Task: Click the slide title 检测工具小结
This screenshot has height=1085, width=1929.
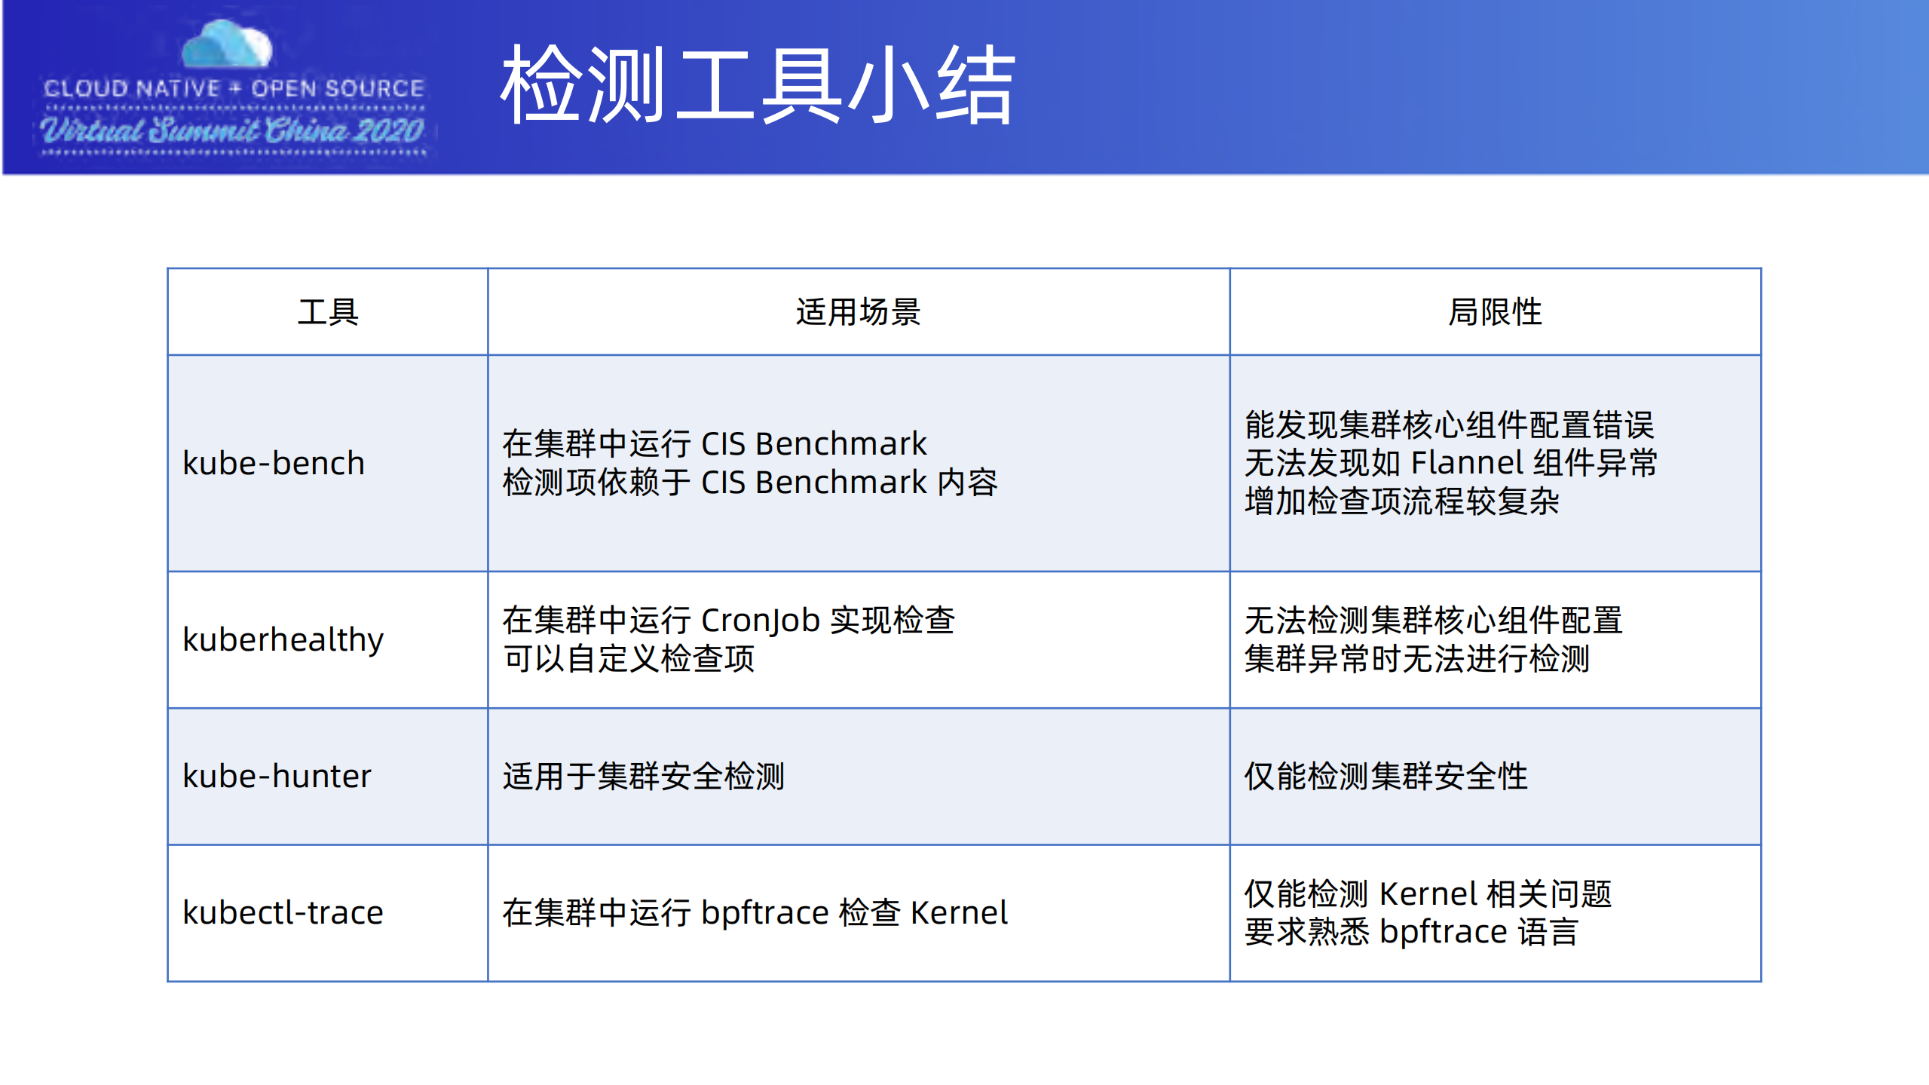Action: [758, 84]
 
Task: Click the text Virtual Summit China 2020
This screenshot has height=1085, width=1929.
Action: [232, 130]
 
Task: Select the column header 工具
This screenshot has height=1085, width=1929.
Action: [328, 311]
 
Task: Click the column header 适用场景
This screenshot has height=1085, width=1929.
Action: [858, 311]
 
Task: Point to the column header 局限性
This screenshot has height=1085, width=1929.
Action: [1495, 311]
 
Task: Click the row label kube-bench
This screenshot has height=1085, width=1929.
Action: [274, 463]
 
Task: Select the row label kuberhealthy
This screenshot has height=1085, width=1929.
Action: [283, 639]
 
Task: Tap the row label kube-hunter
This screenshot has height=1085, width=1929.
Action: [277, 776]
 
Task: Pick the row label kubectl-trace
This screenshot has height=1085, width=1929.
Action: [283, 912]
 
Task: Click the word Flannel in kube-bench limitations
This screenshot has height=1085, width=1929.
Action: [1467, 462]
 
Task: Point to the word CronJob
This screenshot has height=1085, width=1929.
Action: [760, 620]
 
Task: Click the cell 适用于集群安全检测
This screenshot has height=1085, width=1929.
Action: [644, 776]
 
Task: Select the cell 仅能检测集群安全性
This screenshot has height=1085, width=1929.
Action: [1386, 776]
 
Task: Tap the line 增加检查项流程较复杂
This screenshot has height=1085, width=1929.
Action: [1401, 501]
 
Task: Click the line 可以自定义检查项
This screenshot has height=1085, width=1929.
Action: [629, 658]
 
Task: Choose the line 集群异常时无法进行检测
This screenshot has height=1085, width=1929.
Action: [1416, 658]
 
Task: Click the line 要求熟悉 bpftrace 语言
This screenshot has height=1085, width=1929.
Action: [1410, 932]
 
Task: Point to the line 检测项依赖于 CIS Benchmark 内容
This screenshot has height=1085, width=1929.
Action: [750, 483]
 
